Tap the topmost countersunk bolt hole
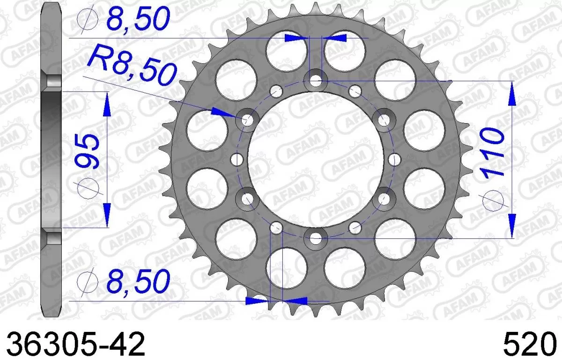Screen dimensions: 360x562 coord(316,81)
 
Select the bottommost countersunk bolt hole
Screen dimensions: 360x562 coord(316,238)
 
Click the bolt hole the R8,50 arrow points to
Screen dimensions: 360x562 coord(247,120)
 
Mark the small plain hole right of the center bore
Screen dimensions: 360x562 coord(394,159)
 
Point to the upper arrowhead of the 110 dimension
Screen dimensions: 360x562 coord(512,93)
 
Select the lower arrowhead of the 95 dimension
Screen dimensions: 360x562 coord(107,215)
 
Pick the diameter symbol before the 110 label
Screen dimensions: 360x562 coord(495,199)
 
